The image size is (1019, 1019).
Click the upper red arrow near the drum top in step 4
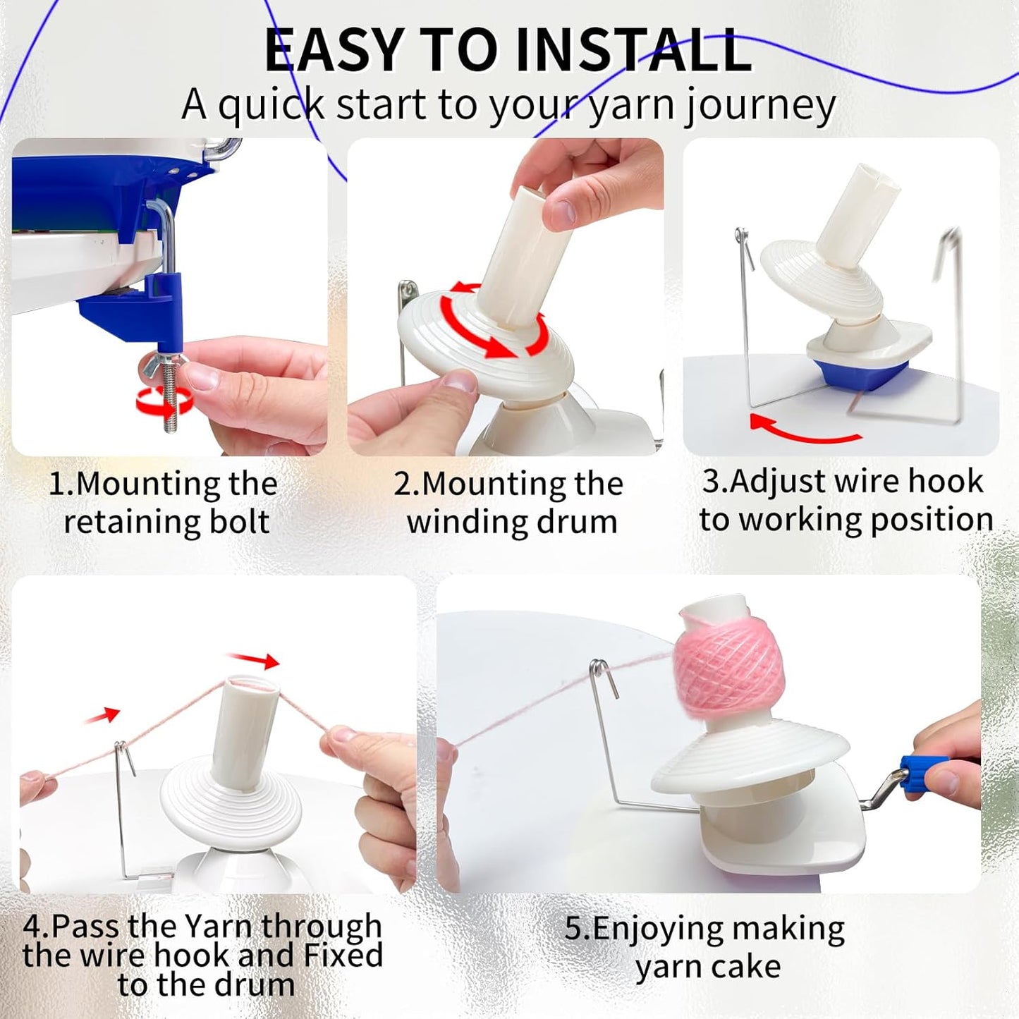(x=255, y=660)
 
